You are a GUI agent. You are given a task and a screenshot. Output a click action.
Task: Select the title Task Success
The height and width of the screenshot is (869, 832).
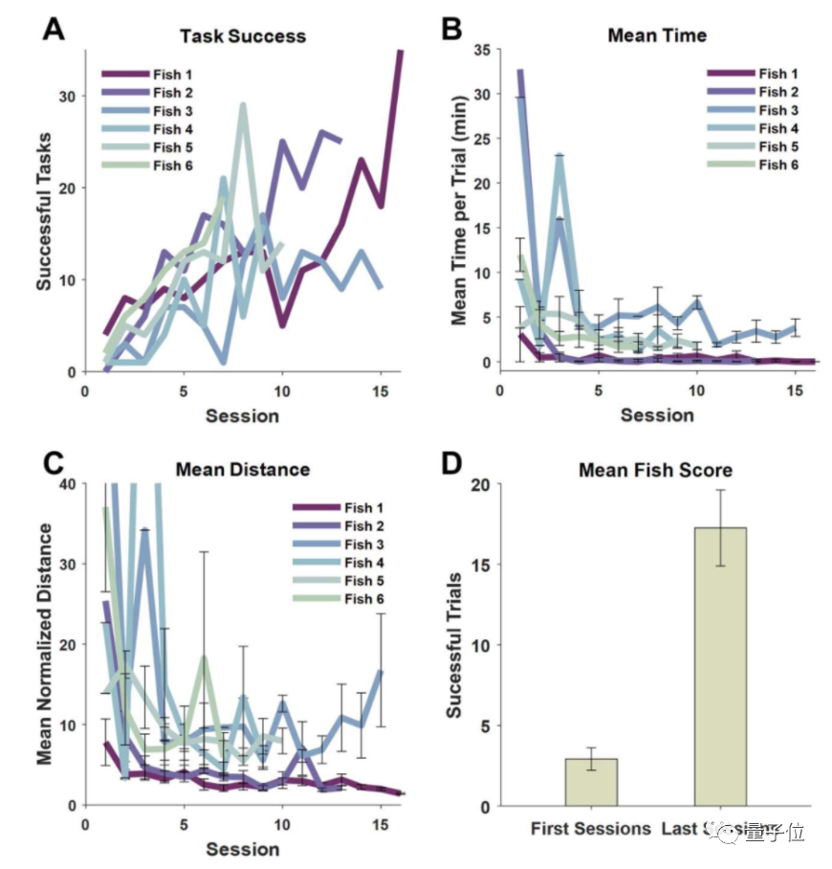point(243,36)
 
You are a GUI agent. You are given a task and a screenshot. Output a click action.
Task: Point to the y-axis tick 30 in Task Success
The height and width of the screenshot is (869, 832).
point(67,97)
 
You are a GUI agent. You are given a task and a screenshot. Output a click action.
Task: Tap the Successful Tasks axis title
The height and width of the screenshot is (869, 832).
point(44,212)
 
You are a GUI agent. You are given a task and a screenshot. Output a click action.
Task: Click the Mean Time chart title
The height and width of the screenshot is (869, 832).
point(657,35)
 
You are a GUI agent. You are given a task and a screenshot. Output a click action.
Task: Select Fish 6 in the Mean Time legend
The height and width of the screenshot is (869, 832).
point(778,165)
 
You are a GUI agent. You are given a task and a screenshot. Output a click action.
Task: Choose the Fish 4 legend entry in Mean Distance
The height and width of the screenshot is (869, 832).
point(364,562)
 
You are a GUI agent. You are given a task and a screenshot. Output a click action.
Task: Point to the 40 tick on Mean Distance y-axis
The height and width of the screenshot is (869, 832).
point(66,484)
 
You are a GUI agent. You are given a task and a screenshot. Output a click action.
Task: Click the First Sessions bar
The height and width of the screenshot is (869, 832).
point(591,782)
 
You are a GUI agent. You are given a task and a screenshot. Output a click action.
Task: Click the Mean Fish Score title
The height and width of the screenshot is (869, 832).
point(655,470)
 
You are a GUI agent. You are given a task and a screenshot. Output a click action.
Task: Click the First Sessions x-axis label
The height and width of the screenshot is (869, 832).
point(591,828)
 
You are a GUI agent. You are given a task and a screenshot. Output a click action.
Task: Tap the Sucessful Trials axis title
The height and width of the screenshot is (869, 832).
point(455,645)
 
